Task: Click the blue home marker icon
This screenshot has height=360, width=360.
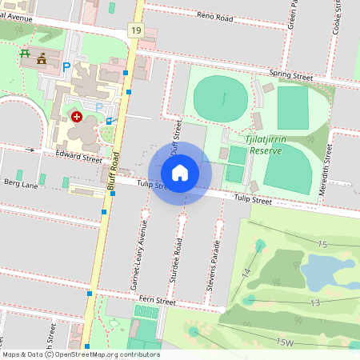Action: [180, 172]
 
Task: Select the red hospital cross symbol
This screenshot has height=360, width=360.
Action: [77, 116]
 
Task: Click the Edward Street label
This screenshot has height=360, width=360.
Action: [78, 156]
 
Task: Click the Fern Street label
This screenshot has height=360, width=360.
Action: [156, 301]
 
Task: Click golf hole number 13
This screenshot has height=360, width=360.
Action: [315, 302]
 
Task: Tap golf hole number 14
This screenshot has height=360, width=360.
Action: [246, 274]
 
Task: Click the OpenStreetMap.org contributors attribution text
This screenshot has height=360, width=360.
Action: [104, 354]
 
